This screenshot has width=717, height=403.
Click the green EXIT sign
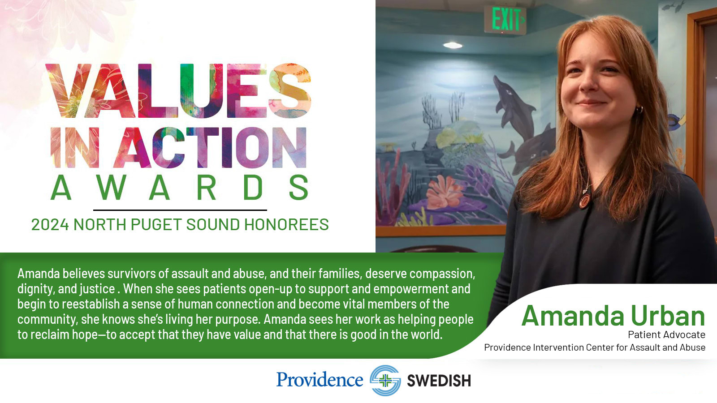pyautogui.click(x=505, y=20)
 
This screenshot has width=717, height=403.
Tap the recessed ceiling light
pyautogui.click(x=453, y=45)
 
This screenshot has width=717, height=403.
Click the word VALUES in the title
pyautogui.click(x=178, y=90)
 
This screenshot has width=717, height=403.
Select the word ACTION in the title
pyautogui.click(x=212, y=147)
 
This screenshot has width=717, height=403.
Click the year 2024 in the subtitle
pyautogui.click(x=50, y=224)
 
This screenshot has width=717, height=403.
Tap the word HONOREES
pyautogui.click(x=286, y=224)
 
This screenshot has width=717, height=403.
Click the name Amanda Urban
pyautogui.click(x=613, y=316)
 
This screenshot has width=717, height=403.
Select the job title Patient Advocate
pyautogui.click(x=666, y=334)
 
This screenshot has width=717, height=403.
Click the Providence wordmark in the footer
pyautogui.click(x=320, y=380)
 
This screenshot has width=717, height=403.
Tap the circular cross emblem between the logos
pyautogui.click(x=385, y=380)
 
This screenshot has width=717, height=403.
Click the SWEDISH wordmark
pyautogui.click(x=439, y=381)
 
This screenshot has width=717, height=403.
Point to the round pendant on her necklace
pyautogui.click(x=585, y=200)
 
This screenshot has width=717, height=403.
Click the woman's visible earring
pyautogui.click(x=639, y=110)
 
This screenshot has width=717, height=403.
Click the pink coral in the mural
pyautogui.click(x=444, y=192)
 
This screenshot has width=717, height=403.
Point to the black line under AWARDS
pyautogui.click(x=180, y=210)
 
